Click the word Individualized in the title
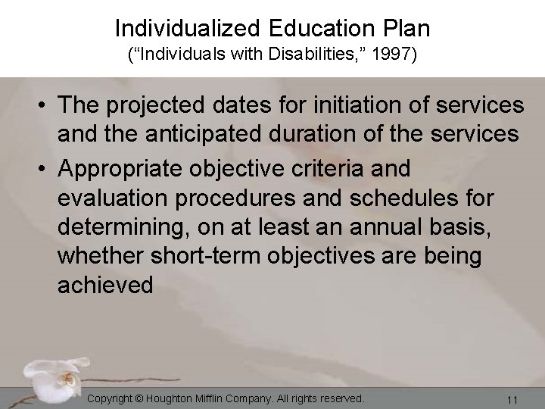click(x=189, y=29)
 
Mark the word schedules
click(x=392, y=200)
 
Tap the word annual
click(x=397, y=228)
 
